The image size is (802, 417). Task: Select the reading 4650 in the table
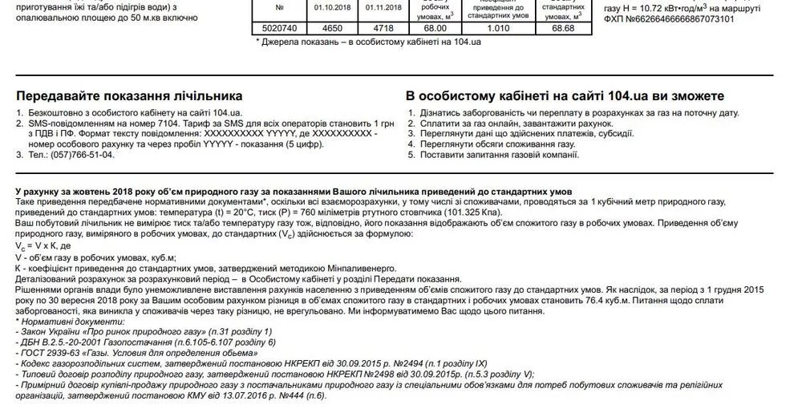click(x=329, y=27)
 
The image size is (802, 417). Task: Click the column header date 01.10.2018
click(x=329, y=7)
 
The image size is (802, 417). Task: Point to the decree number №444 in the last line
click(x=304, y=395)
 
